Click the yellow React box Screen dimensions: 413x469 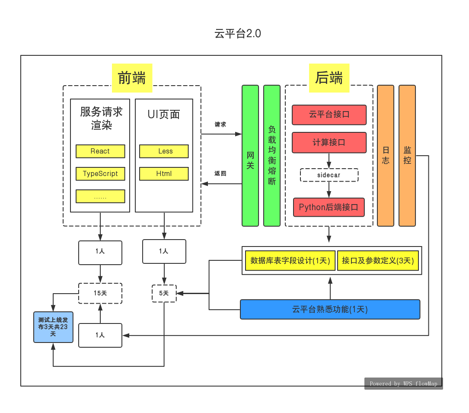click(100, 151)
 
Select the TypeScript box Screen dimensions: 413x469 click(100, 174)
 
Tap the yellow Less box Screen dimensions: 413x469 click(164, 151)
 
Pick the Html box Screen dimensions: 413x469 click(164, 174)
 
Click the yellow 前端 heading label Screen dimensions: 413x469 click(132, 78)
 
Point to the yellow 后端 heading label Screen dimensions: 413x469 click(329, 78)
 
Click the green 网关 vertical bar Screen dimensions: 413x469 click(250, 156)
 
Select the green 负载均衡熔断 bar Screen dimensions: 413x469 click(272, 156)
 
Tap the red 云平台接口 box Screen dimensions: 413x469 click(329, 115)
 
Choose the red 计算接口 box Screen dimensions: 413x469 click(329, 142)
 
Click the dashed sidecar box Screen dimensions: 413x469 click(329, 175)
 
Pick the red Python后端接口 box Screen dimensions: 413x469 click(329, 207)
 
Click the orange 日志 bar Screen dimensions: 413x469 click(386, 156)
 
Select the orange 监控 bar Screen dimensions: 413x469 click(407, 156)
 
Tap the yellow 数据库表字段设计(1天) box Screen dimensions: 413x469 click(290, 261)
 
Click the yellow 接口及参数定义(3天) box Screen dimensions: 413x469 click(378, 261)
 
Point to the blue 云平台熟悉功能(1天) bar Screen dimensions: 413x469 click(330, 309)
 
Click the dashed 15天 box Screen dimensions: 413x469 click(100, 293)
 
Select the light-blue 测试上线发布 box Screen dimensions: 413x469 click(53, 327)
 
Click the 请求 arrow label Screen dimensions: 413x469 click(220, 125)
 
